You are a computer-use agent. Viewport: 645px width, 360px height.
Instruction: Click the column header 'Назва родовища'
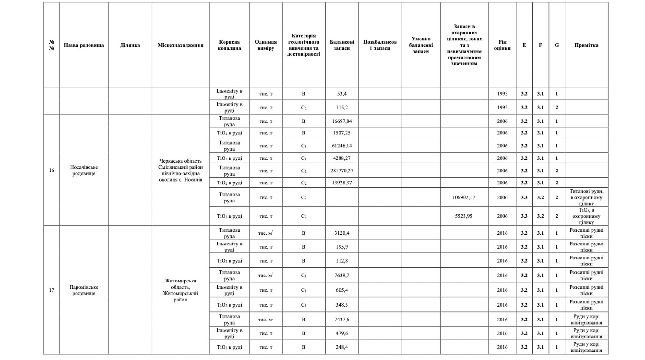tap(84, 45)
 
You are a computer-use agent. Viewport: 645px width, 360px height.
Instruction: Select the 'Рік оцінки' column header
tap(502, 45)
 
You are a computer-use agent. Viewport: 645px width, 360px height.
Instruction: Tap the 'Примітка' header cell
tap(586, 45)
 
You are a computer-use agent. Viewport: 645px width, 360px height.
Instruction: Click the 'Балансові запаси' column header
tap(342, 45)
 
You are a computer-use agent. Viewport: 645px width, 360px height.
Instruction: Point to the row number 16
tap(52, 170)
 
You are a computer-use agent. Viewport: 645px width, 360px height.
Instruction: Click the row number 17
tap(52, 290)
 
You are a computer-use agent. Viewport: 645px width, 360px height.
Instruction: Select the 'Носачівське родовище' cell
tap(84, 170)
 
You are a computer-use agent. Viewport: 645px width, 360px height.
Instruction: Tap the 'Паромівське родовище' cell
tap(84, 290)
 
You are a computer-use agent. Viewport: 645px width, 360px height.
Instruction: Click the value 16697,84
tap(342, 121)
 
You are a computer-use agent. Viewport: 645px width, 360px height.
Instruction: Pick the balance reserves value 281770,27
tap(342, 171)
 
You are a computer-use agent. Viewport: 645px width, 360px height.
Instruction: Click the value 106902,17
tap(464, 197)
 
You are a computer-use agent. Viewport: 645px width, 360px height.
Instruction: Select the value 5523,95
tap(464, 216)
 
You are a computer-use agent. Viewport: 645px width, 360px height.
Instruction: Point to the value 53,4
tap(342, 94)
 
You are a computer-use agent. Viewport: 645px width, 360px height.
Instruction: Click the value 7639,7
tap(342, 275)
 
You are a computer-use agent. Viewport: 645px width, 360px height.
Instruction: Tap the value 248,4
tap(342, 347)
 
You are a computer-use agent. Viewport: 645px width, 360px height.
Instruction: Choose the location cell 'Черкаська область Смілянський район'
tap(180, 170)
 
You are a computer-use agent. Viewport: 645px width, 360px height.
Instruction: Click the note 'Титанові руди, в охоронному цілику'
tap(586, 197)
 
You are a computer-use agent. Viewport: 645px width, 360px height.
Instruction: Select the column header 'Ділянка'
tap(130, 45)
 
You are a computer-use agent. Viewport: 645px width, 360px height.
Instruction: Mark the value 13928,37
tap(342, 183)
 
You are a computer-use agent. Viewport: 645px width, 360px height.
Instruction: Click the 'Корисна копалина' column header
tap(229, 45)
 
